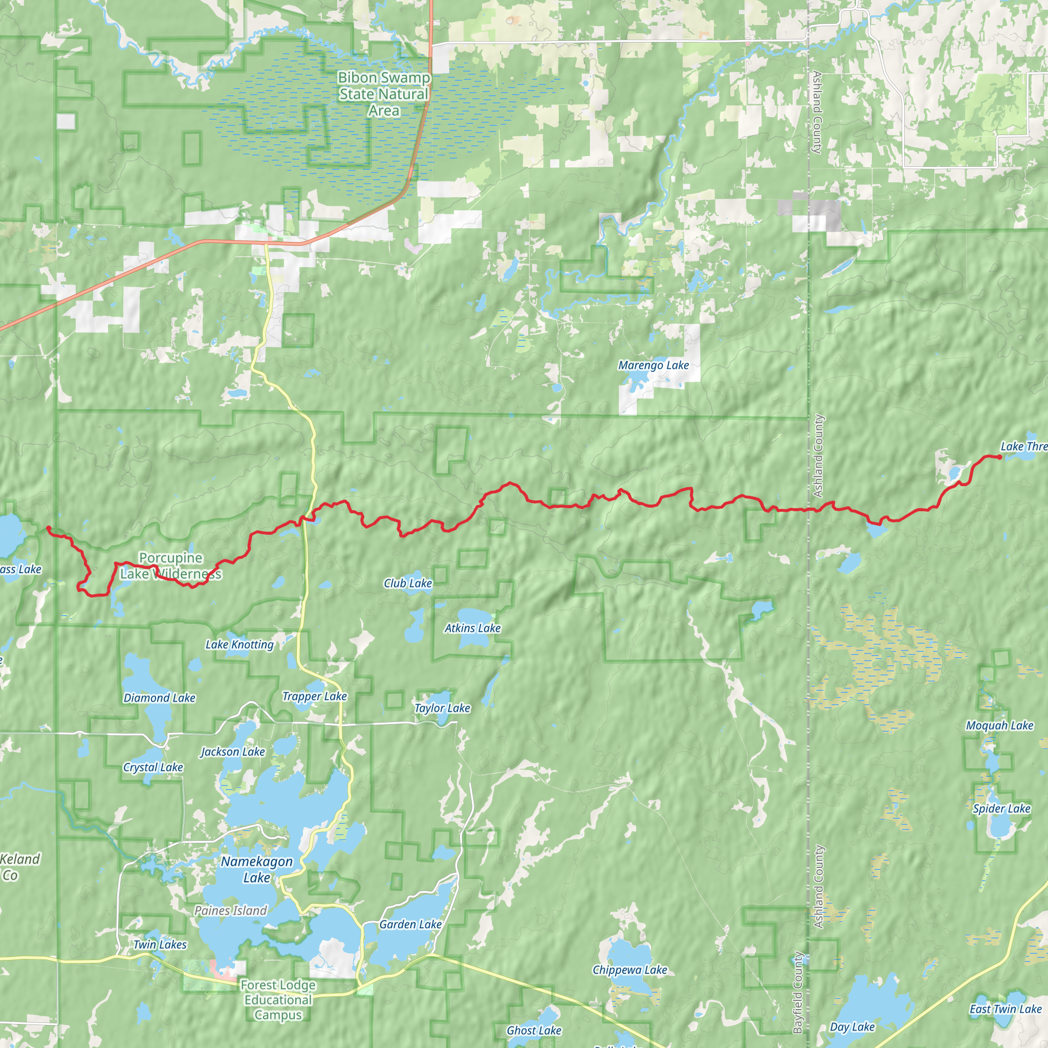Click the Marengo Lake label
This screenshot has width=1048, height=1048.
[653, 365]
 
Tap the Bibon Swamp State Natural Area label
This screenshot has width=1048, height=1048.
[384, 94]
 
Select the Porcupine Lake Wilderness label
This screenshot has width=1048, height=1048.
[171, 566]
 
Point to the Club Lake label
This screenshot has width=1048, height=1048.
[408, 583]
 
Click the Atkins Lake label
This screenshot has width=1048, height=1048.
[472, 628]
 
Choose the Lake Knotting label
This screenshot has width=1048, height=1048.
[239, 644]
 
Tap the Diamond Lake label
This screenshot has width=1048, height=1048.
[160, 698]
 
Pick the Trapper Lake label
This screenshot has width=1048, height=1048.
[315, 696]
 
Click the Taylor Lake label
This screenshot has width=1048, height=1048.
[442, 708]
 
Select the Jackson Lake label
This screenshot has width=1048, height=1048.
[233, 752]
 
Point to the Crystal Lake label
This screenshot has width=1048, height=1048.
[153, 767]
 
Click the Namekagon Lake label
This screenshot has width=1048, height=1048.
[256, 869]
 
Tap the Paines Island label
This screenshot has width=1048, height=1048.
[231, 911]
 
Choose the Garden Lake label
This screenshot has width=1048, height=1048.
[410, 924]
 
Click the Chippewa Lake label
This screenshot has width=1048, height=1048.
[630, 970]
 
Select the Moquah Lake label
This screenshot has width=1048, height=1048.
[1000, 725]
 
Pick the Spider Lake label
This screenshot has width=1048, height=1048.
[1001, 809]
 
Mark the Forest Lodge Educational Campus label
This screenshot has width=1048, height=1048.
[278, 1000]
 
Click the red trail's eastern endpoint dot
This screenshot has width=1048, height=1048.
[999, 457]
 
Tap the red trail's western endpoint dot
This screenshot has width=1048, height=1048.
[48, 528]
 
